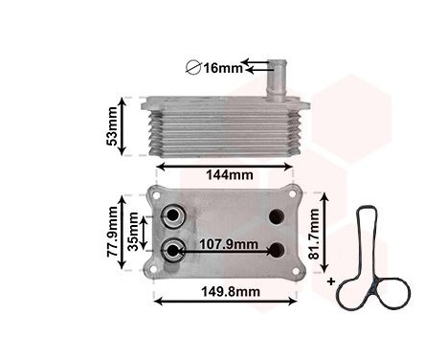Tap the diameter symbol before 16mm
click(x=190, y=68)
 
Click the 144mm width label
click(x=229, y=174)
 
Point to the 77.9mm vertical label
click(x=114, y=237)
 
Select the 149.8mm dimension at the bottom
click(x=229, y=291)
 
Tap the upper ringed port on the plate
click(x=174, y=215)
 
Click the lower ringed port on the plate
click(x=174, y=250)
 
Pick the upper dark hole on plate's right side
click(x=278, y=216)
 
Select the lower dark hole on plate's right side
click(x=278, y=251)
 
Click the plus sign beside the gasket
click(x=331, y=282)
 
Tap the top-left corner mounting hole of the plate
click(x=157, y=198)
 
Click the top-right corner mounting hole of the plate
click(x=297, y=198)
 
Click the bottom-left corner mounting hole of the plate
click(x=157, y=269)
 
